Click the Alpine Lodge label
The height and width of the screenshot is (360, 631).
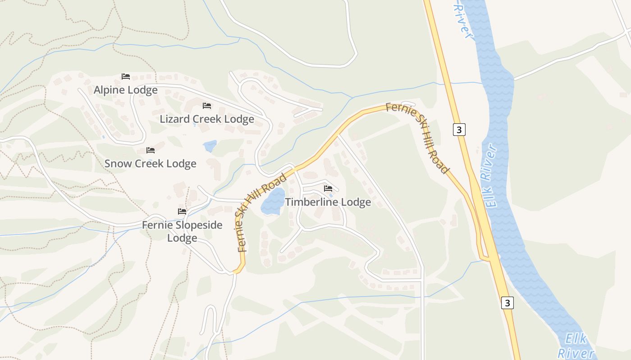[125, 90]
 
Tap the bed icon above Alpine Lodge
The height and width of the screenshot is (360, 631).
[126, 76]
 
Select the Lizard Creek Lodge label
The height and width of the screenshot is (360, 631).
[207, 119]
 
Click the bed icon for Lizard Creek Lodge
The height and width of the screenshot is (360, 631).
[207, 106]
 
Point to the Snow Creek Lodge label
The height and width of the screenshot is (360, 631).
[150, 163]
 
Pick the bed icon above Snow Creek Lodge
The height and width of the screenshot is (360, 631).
[151, 150]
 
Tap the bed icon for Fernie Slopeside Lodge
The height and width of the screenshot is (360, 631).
[182, 211]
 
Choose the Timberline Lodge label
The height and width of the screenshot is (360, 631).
[328, 202]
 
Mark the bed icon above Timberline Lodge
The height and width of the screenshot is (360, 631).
[328, 188]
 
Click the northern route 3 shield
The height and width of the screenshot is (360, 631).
[459, 130]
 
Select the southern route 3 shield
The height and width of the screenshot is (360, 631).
[508, 303]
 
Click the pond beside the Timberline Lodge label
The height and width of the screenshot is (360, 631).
[273, 201]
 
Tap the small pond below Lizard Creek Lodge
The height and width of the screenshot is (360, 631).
[210, 146]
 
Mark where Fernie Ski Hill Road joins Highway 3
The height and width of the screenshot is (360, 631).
[487, 258]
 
